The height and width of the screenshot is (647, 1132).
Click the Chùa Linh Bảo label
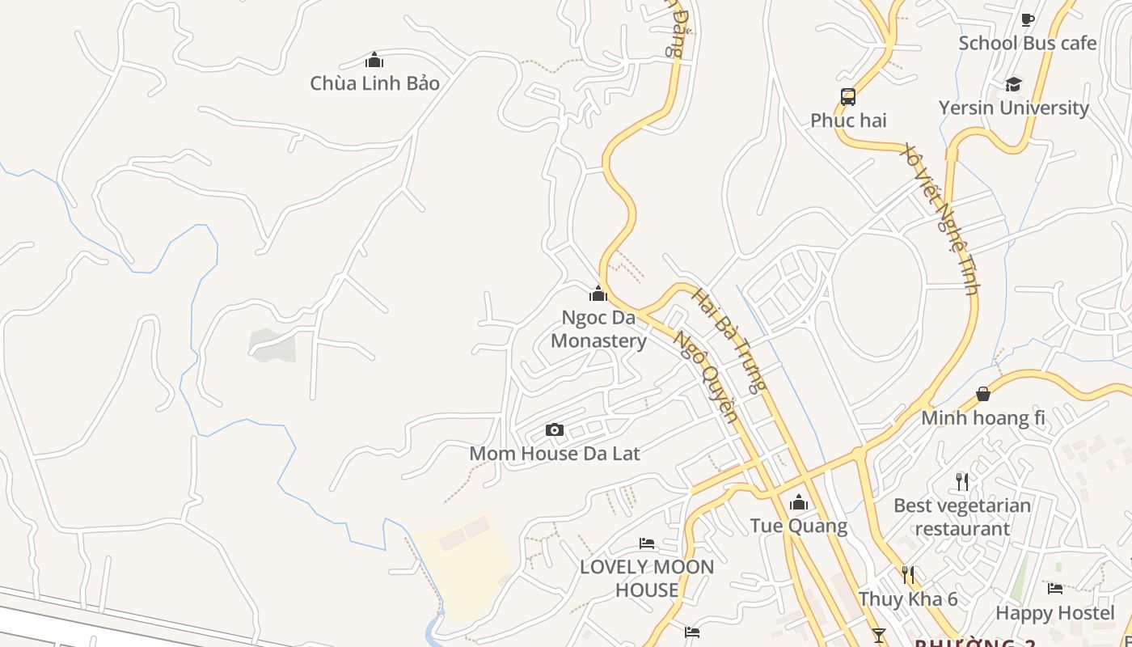pyautogui.click(x=374, y=83)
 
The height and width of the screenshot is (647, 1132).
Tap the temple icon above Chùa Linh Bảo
pyautogui.click(x=374, y=60)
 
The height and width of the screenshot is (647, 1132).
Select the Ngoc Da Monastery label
pyautogui.click(x=598, y=329)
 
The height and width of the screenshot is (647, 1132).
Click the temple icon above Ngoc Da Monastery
pyautogui.click(x=598, y=293)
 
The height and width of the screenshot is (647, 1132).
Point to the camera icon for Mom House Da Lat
pyautogui.click(x=554, y=429)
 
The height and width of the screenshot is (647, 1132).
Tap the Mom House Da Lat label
pyautogui.click(x=554, y=454)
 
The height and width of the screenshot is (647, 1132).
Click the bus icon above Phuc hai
pyautogui.click(x=848, y=97)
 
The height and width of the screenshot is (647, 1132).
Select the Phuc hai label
pyautogui.click(x=848, y=121)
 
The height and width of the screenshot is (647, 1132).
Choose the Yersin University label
pyautogui.click(x=1013, y=108)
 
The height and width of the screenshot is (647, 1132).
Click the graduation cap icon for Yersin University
pyautogui.click(x=1013, y=84)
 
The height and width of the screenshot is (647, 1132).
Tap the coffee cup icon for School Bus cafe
pyautogui.click(x=1028, y=19)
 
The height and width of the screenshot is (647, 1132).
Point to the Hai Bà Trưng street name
pyautogui.click(x=728, y=340)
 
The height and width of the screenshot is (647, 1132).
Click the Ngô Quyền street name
pyautogui.click(x=706, y=377)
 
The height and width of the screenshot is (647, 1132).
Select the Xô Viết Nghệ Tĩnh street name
pyautogui.click(x=942, y=218)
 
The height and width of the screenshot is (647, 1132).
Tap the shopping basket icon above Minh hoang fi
pyautogui.click(x=983, y=394)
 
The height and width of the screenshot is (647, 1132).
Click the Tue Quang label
pyautogui.click(x=799, y=526)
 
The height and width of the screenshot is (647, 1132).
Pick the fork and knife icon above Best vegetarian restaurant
pyautogui.click(x=962, y=482)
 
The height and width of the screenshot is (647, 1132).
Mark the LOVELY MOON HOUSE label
pyautogui.click(x=647, y=578)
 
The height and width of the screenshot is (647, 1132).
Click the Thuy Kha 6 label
pyautogui.click(x=908, y=599)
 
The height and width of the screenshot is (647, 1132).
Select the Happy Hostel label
pyautogui.click(x=1055, y=613)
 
